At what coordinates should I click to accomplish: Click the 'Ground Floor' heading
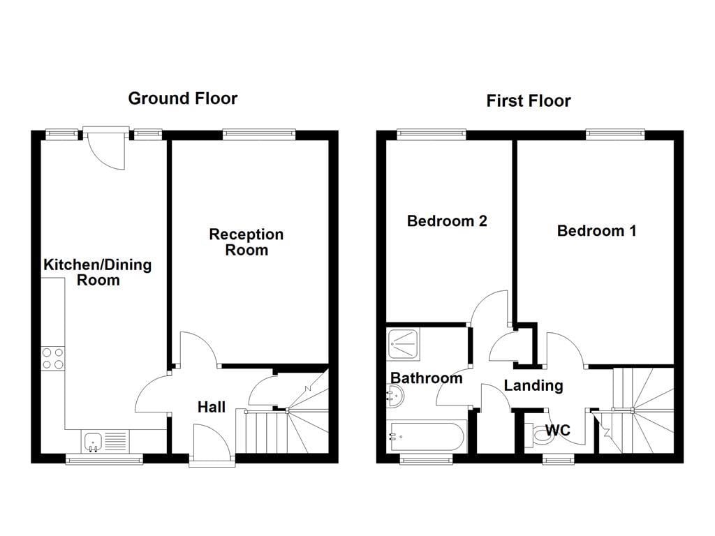tap(182, 98)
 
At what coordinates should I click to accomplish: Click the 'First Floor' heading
tap(528, 101)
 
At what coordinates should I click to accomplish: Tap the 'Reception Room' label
tap(246, 241)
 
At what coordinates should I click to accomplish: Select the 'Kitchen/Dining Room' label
tap(98, 272)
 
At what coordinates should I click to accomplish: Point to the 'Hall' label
tap(211, 406)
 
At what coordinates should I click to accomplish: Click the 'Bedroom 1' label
tap(596, 230)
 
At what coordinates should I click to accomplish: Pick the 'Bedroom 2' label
tap(447, 221)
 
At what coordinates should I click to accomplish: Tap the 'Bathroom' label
tap(426, 378)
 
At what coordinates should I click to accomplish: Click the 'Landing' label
tap(533, 385)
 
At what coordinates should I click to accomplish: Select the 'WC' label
tap(557, 431)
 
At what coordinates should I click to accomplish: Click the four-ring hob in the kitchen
tap(53, 358)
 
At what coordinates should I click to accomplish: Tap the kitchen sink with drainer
tap(105, 441)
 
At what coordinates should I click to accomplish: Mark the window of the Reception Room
tap(258, 133)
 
